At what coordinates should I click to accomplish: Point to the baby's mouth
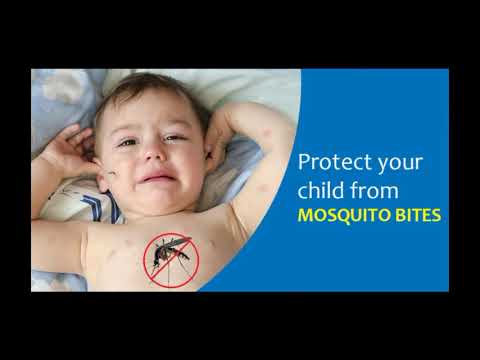tap(155, 177)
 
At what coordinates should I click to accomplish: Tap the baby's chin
tap(160, 195)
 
